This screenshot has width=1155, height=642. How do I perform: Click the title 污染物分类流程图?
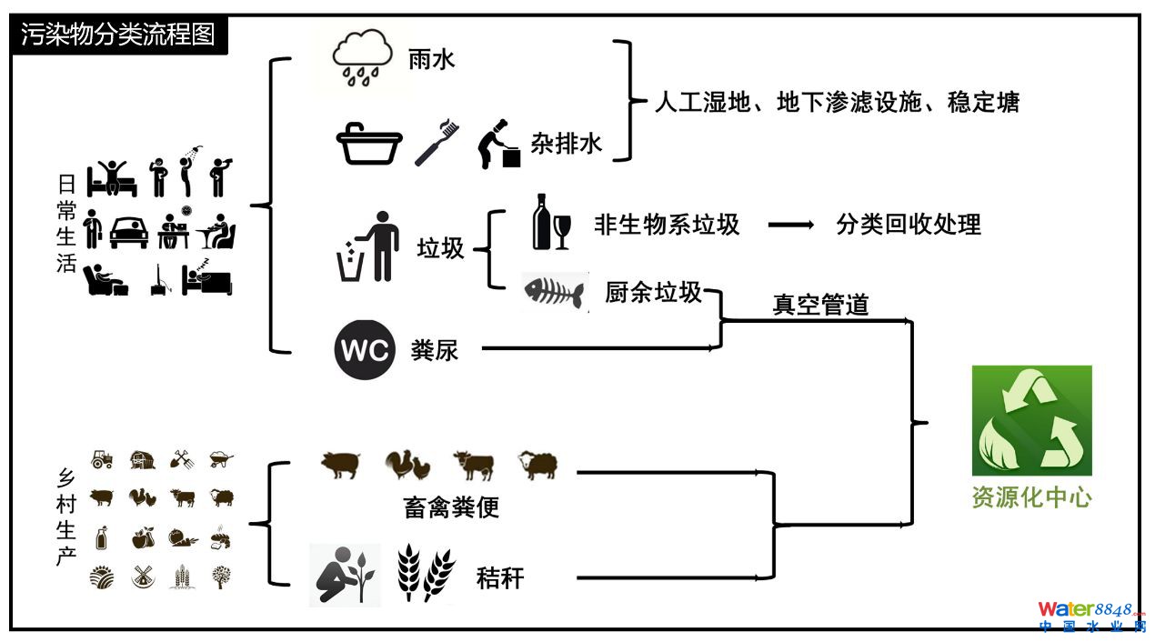point(118,35)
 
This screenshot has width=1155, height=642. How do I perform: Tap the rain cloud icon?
point(362,57)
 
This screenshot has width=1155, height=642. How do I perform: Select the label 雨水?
point(431,61)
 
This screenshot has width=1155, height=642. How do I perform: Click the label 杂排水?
point(566,144)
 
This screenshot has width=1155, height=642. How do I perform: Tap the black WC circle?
point(364,349)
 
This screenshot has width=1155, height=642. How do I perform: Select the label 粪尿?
point(435,350)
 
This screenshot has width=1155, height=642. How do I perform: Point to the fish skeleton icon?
point(554,293)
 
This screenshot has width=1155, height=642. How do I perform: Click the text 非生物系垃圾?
point(667,225)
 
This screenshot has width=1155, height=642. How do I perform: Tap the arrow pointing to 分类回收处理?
point(790,225)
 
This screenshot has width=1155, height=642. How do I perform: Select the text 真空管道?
point(820,305)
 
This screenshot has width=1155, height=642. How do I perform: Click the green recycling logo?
point(1031,420)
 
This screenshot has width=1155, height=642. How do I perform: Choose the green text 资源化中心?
point(1031,497)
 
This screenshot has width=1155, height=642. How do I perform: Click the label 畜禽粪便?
point(451,507)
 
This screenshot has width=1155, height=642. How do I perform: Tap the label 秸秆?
point(500,577)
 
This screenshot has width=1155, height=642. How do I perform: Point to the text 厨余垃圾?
point(653,292)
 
